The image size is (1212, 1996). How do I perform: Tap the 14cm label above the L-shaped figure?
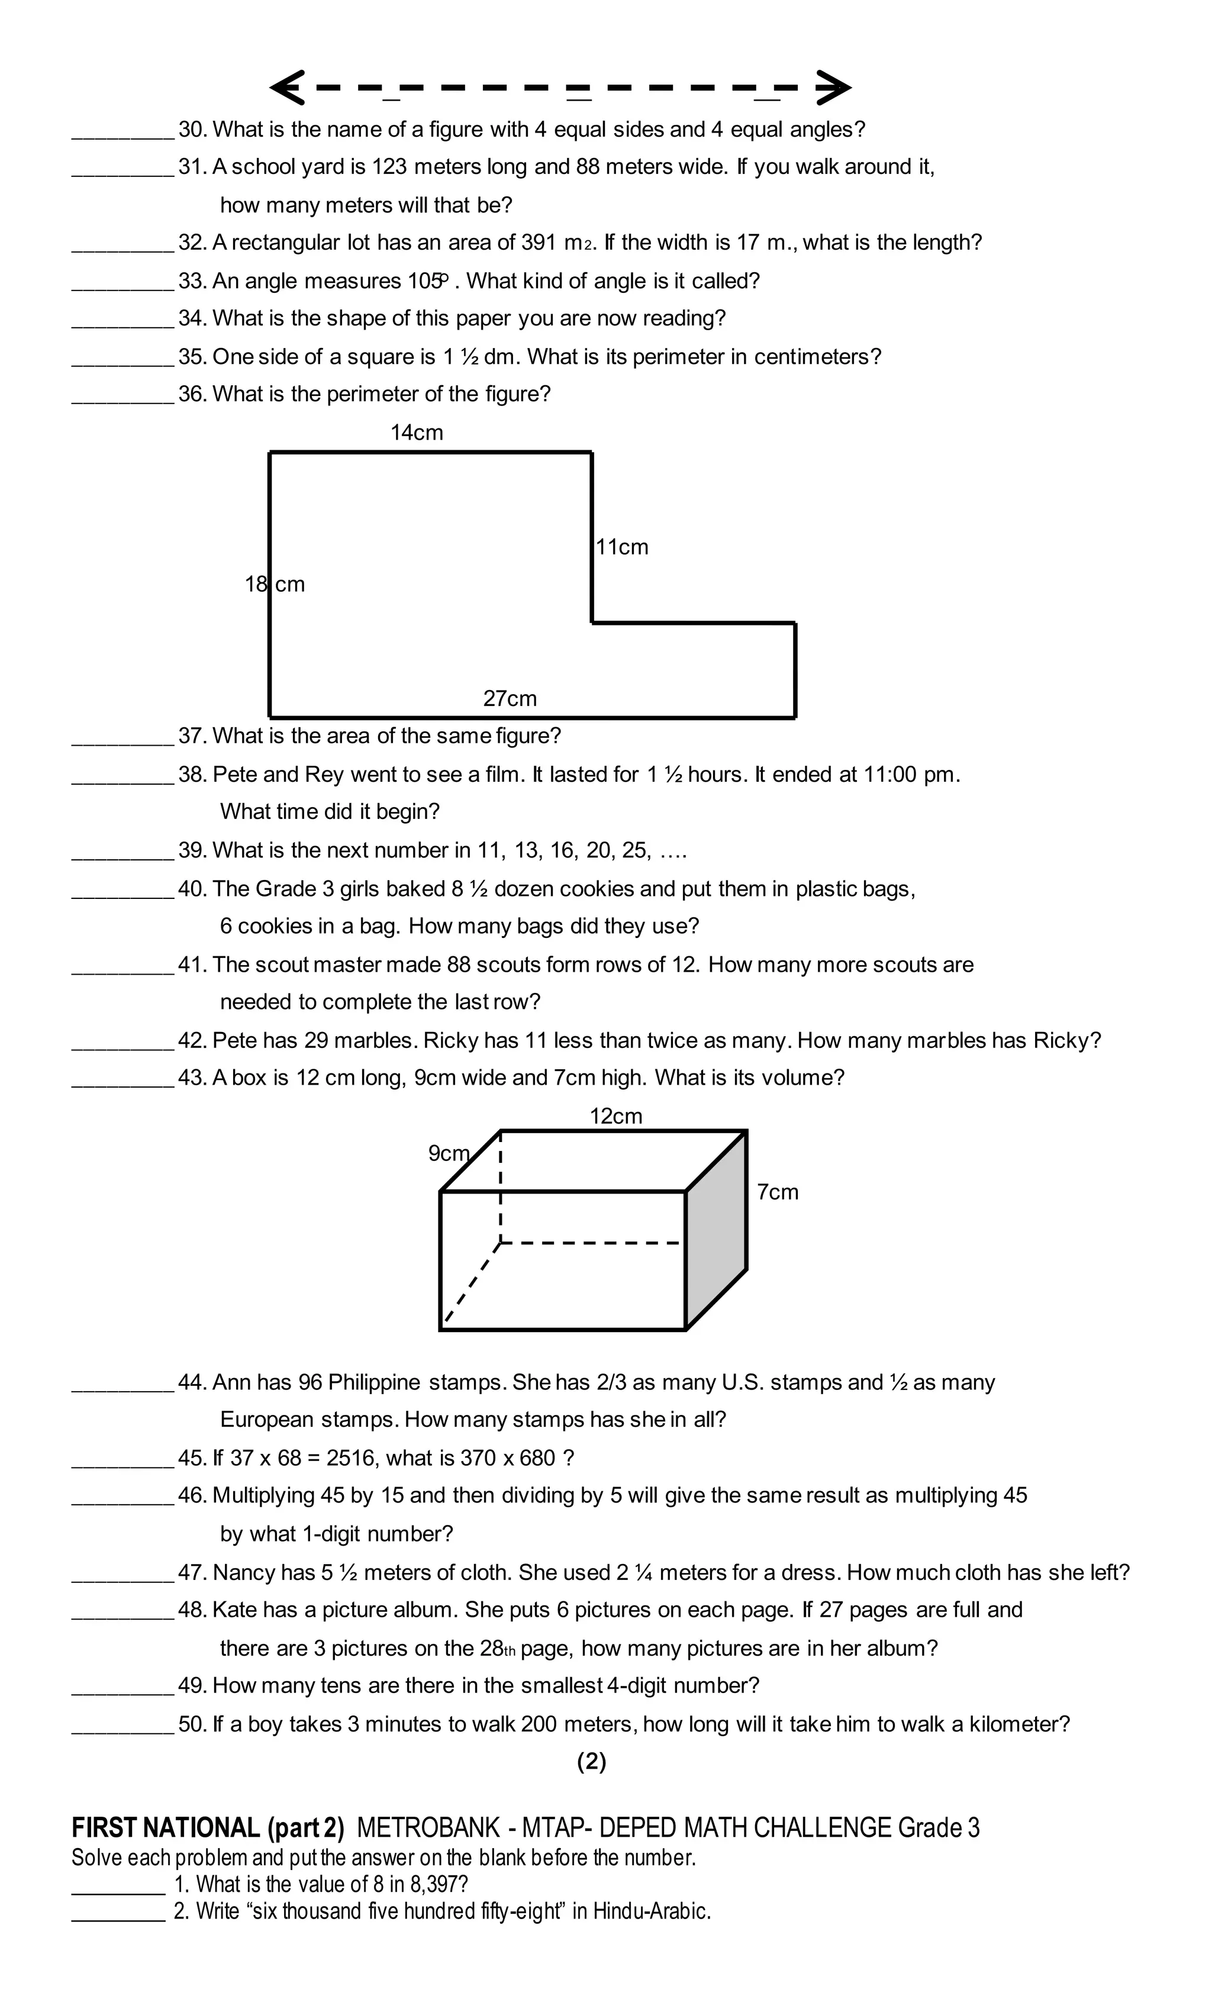click(417, 433)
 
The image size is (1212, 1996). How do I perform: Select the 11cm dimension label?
click(622, 547)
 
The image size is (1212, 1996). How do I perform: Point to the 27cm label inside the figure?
click(510, 698)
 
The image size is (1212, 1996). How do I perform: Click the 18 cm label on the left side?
click(275, 584)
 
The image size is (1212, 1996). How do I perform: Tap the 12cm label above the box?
click(615, 1116)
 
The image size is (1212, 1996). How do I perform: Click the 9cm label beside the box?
click(448, 1153)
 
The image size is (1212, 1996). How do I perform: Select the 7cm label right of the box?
click(778, 1192)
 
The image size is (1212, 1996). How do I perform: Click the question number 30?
click(193, 130)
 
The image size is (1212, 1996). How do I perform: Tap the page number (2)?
click(591, 1761)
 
